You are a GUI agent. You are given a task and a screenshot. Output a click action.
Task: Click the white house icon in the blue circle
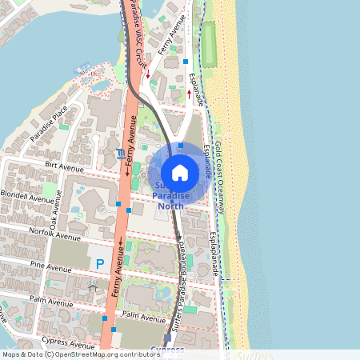click(180, 171)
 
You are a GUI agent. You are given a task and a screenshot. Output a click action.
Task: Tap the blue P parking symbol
click(100, 263)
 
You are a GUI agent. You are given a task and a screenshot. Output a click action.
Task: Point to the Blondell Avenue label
click(28, 196)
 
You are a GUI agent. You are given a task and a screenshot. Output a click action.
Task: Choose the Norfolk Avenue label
click(54, 238)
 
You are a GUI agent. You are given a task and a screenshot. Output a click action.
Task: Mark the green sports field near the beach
click(209, 44)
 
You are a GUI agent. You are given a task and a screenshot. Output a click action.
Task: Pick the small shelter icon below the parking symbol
click(93, 286)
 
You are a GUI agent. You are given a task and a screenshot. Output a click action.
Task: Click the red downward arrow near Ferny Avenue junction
click(147, 76)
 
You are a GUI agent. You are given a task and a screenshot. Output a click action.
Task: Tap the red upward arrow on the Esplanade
click(189, 93)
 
